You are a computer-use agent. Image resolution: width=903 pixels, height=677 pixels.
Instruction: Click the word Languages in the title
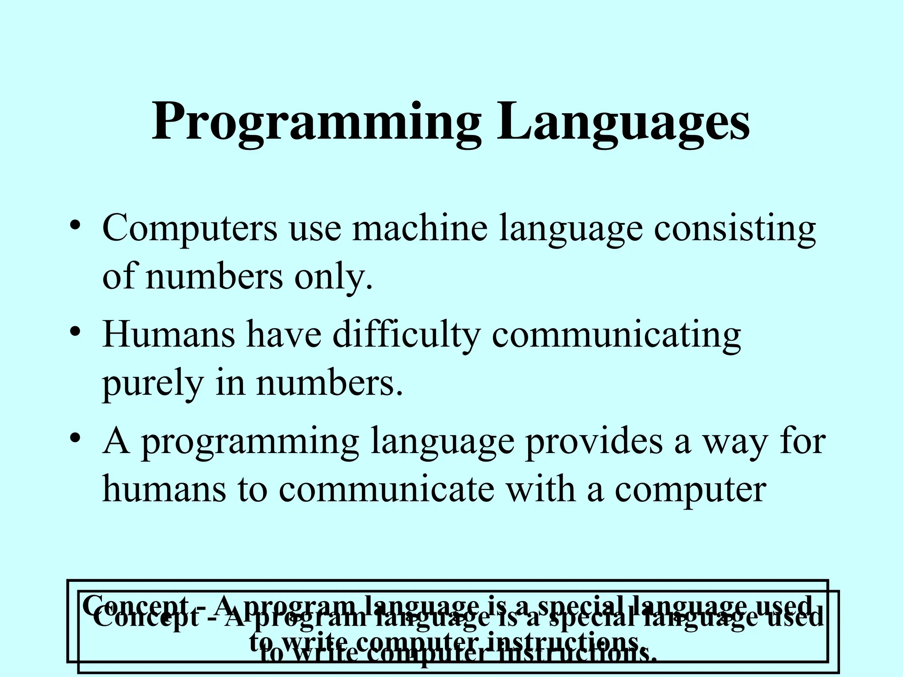click(623, 121)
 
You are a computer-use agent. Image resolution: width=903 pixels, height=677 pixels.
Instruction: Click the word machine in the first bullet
click(419, 228)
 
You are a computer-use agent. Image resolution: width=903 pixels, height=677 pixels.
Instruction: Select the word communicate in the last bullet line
click(386, 490)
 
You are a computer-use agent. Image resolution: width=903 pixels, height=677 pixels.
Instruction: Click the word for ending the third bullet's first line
click(802, 441)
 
